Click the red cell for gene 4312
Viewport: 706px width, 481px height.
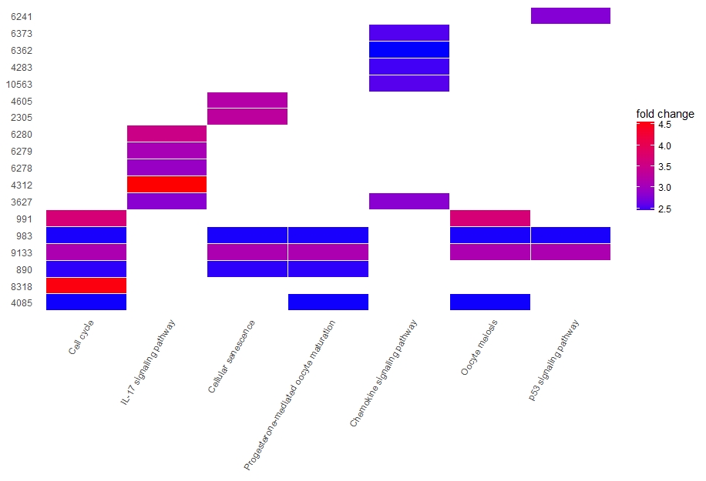point(167,185)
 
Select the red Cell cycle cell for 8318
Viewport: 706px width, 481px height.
point(86,286)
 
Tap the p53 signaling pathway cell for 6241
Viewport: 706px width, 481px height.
point(570,16)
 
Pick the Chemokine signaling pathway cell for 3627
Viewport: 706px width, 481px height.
point(409,202)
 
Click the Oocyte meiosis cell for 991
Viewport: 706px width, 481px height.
point(490,219)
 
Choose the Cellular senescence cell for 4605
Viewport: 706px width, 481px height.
point(247,101)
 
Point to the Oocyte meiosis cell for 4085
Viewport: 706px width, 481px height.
point(490,302)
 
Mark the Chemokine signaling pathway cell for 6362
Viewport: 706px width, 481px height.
point(409,50)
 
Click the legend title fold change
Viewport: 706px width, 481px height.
point(664,114)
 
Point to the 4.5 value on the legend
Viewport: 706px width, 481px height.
point(664,124)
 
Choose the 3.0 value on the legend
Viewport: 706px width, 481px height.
point(664,187)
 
